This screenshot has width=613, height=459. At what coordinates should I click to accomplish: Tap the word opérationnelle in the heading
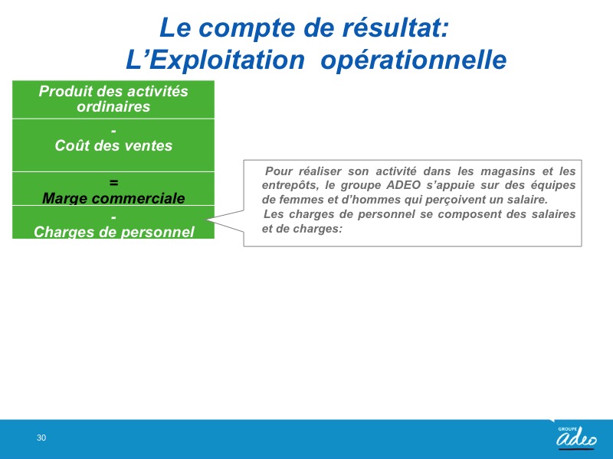(414, 60)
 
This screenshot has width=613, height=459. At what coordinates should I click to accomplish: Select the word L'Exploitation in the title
(215, 60)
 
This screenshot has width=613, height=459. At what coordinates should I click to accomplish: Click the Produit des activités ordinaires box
(113, 99)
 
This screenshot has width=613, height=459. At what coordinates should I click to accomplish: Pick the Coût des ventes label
(113, 145)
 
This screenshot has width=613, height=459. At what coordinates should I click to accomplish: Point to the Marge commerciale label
(113, 198)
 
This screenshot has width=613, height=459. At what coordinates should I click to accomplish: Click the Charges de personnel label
(113, 232)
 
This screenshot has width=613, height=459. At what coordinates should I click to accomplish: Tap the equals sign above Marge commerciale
(113, 183)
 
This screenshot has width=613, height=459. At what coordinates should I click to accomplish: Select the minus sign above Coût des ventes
(113, 131)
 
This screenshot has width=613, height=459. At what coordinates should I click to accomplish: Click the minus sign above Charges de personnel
(113, 217)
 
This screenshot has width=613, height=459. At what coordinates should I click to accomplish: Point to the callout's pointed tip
(208, 220)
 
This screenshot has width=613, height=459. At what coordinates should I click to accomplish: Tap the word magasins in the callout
(508, 171)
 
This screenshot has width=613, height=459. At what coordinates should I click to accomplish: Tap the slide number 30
(41, 438)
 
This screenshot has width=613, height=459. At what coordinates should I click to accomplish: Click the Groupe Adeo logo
(576, 436)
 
